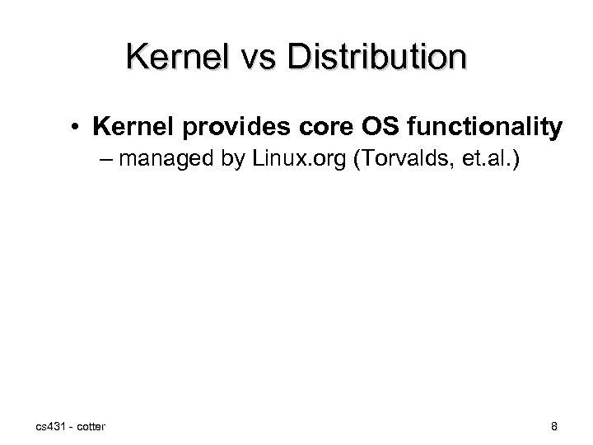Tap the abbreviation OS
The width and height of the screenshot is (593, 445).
pyautogui.click(x=348, y=128)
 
